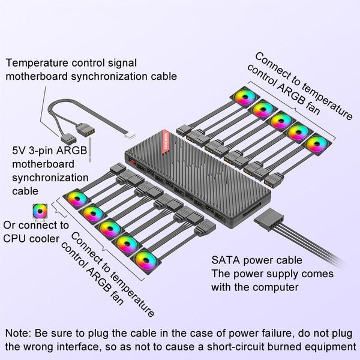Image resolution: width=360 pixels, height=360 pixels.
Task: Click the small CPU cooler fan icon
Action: pyautogui.click(x=41, y=211)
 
